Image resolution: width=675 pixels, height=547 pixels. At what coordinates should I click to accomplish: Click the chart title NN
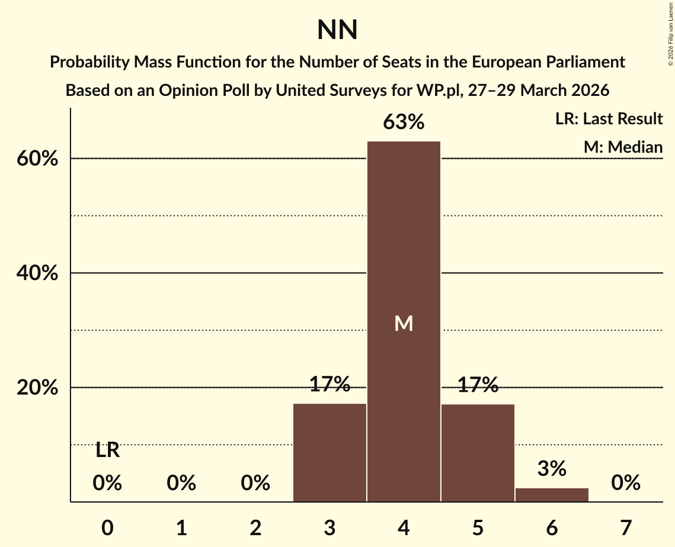(x=337, y=30)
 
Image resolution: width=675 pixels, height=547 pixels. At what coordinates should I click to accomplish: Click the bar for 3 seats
(x=329, y=452)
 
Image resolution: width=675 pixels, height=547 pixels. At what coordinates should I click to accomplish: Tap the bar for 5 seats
(x=478, y=452)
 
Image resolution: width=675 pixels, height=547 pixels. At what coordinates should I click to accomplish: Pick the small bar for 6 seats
(x=552, y=495)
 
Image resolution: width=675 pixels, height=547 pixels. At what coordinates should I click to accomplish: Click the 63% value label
(x=404, y=123)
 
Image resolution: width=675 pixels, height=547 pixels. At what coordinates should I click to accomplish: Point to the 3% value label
(x=552, y=469)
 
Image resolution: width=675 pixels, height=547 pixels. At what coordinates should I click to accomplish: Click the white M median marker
(x=404, y=323)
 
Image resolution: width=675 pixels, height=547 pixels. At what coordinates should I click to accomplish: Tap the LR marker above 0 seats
(x=107, y=451)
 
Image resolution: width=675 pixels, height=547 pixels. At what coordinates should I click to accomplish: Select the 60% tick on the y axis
(x=40, y=160)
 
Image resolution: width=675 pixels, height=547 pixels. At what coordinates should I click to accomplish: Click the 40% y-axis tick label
(x=40, y=274)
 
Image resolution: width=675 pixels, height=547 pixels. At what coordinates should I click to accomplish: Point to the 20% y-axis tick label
(x=40, y=388)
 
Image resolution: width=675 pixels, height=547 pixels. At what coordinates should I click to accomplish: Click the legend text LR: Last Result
(x=609, y=119)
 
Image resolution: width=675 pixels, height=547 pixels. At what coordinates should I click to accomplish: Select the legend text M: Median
(x=623, y=147)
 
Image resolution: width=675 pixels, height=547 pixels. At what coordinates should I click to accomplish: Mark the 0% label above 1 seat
(x=181, y=484)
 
